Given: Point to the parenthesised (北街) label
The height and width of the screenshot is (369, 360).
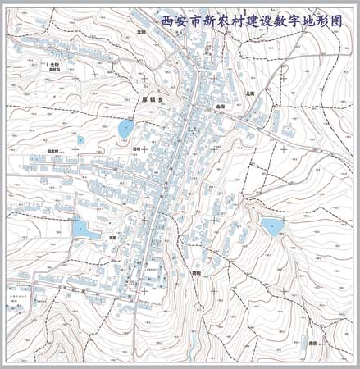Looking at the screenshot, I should [55, 64].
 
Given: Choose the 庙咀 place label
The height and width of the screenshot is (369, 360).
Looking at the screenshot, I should [135, 148].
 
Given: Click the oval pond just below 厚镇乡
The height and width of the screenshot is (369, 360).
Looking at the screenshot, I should [125, 129].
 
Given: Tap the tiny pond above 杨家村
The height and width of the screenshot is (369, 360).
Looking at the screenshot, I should [80, 140].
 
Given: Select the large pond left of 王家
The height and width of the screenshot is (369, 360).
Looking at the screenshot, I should [82, 229].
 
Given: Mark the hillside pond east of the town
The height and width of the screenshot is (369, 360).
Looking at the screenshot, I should [271, 225].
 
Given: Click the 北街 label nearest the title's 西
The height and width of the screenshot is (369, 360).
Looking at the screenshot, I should [141, 31].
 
